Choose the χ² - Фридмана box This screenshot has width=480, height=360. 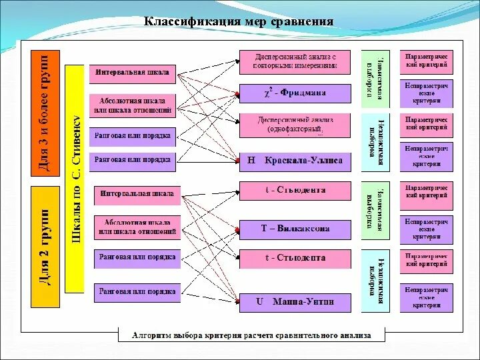(294, 93)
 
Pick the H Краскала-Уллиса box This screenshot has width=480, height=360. (294, 161)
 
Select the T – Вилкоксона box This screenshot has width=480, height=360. (294, 229)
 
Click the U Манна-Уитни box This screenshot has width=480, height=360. (294, 302)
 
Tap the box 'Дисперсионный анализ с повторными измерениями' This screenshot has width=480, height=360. (294, 61)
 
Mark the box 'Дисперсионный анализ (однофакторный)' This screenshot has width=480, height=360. (294, 124)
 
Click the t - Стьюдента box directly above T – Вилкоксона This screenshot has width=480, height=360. (294, 191)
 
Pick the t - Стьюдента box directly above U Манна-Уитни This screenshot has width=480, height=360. (294, 258)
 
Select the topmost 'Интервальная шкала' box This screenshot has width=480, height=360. (132, 72)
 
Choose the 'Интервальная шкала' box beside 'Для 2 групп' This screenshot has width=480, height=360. (137, 195)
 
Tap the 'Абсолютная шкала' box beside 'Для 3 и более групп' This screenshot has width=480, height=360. (132, 105)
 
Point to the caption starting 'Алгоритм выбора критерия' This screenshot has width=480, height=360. (251, 335)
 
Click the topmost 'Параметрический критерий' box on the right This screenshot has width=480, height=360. (427, 61)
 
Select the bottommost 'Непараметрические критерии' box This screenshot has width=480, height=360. (427, 296)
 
